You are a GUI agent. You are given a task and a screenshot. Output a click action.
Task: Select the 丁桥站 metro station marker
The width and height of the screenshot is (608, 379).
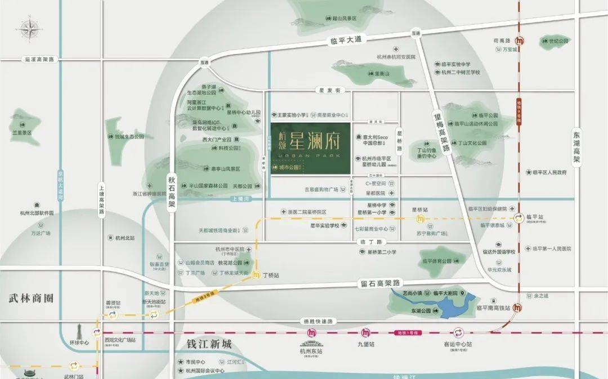tap(256, 275)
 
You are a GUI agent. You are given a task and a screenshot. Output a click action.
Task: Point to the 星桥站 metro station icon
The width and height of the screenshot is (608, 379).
tap(420, 218)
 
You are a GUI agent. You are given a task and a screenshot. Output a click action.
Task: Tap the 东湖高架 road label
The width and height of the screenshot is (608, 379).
tap(576, 148)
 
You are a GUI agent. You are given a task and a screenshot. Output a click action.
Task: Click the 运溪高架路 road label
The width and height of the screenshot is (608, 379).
tap(39, 59)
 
